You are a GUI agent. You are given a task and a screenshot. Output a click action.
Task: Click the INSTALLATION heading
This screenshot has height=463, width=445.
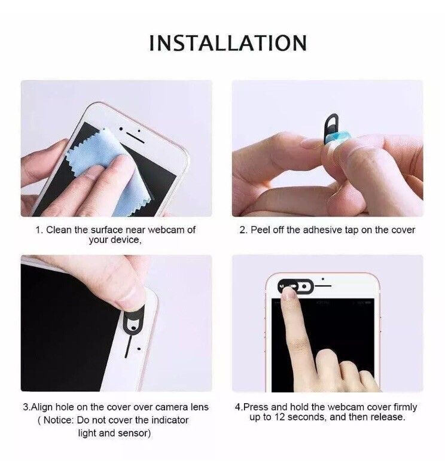point(227,43)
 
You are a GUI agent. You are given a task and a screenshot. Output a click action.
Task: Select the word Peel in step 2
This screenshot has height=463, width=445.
point(261,230)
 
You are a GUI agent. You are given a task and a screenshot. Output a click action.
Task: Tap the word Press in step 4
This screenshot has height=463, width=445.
point(255,407)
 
